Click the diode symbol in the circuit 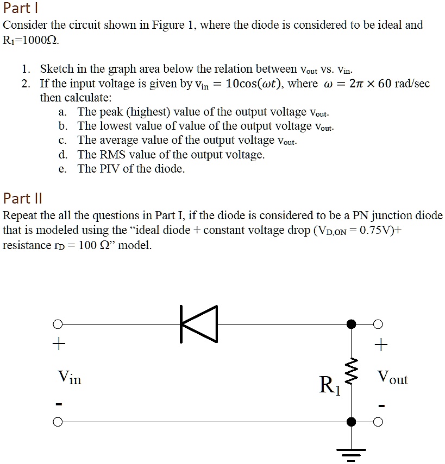tap(199, 324)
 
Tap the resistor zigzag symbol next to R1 tap(352, 373)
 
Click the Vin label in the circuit tap(69, 377)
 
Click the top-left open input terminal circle tap(58, 325)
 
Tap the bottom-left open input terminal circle tap(58, 422)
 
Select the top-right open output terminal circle tap(379, 325)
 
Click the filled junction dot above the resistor tap(352, 325)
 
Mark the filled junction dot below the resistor tap(352, 422)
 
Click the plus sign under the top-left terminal tap(58, 344)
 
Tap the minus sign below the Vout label tap(381, 405)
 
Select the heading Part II tap(22, 197)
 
